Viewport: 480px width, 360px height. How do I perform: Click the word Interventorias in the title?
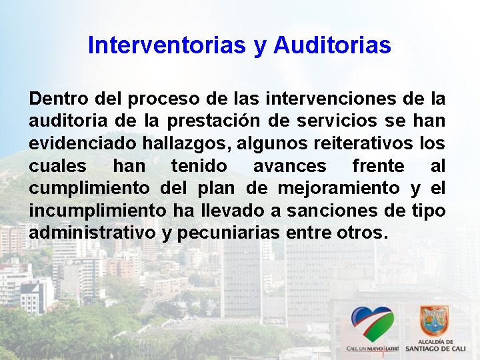pos(167,45)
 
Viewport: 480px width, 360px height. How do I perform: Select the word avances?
pos(289,166)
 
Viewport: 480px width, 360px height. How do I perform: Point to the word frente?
pos(378,165)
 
